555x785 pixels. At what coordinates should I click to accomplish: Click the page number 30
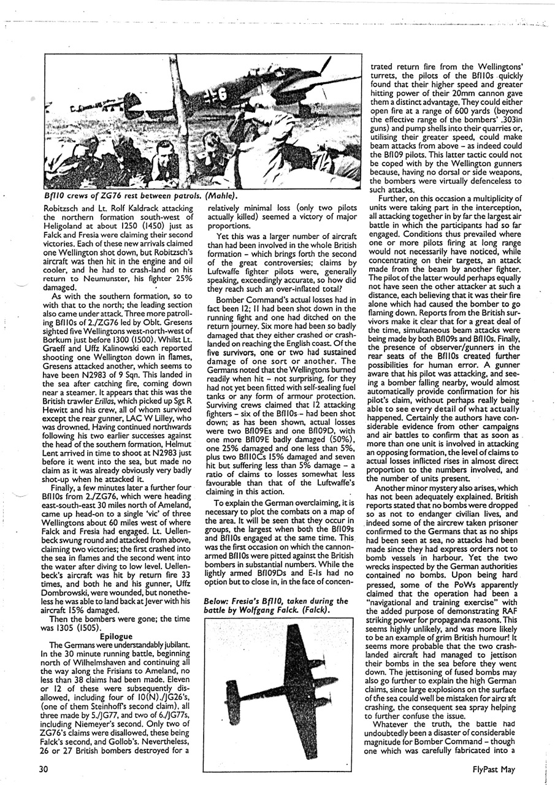(41, 770)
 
